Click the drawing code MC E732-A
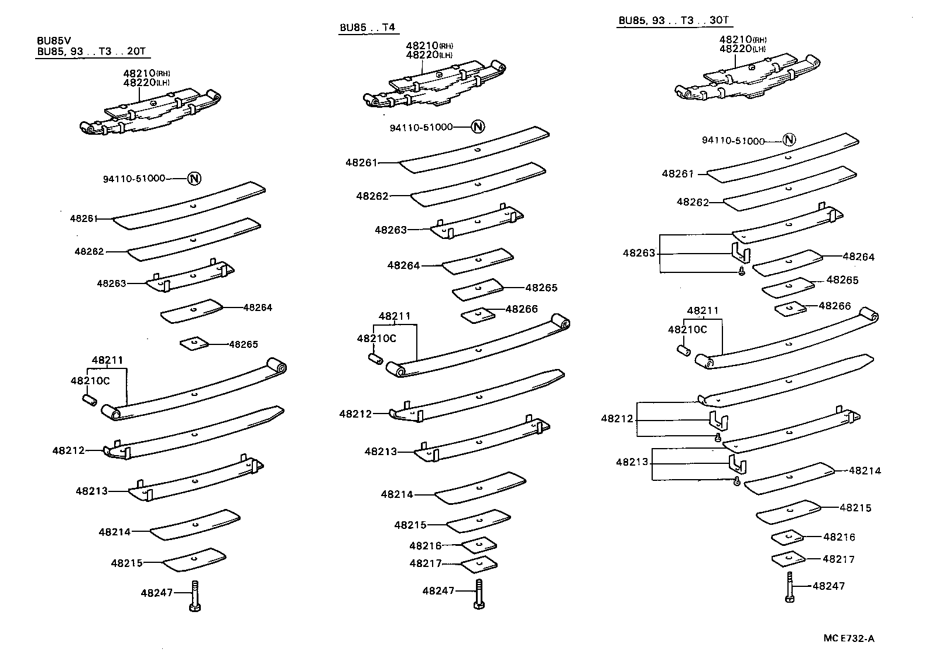(x=852, y=638)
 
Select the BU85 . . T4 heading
(x=367, y=28)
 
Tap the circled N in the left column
(x=194, y=179)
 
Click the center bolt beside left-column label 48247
(x=195, y=596)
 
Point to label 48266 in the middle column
(x=522, y=309)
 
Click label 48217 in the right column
(x=838, y=559)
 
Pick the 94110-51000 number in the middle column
(x=422, y=127)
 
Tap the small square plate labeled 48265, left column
(x=194, y=343)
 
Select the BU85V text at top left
(x=54, y=41)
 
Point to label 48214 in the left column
(x=115, y=532)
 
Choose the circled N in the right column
(x=790, y=139)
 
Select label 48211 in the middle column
(x=395, y=316)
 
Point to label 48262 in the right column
(x=693, y=202)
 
